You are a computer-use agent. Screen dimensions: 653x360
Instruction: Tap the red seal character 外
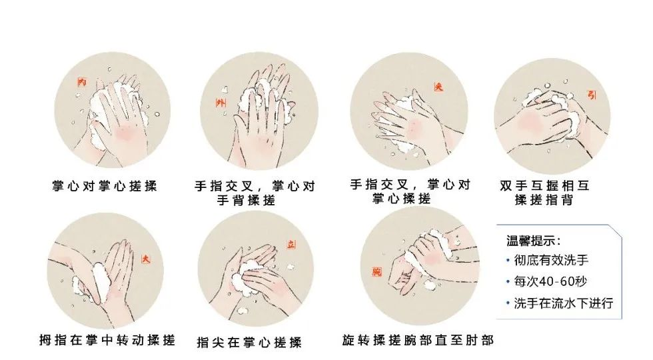coord(221,102)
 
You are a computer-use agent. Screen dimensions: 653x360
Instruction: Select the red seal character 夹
coord(438,86)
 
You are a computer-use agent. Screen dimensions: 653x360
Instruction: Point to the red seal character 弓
coord(592,95)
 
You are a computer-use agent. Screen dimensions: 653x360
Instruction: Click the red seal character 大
coord(146,259)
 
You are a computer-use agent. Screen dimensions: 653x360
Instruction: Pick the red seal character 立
coord(291,245)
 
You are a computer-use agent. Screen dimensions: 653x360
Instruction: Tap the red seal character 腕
coord(377,272)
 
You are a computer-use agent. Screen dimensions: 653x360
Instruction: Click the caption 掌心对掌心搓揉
coord(105,185)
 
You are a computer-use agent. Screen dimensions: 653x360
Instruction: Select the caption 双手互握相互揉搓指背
coord(544,192)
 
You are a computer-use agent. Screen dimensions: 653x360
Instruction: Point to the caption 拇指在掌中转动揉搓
coord(107,340)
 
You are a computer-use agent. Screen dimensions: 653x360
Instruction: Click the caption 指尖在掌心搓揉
coord(249,343)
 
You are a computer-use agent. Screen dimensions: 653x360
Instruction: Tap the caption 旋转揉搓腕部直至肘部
coord(418,340)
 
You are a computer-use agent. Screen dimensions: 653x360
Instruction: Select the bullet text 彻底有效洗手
coord(551,261)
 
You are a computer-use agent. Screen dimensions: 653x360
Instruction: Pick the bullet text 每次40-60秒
coord(550,281)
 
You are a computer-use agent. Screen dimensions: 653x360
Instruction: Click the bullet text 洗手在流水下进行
coord(564,303)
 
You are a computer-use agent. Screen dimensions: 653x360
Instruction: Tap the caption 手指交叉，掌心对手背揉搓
coord(255,193)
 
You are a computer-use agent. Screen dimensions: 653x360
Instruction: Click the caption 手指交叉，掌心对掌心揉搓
coord(410,191)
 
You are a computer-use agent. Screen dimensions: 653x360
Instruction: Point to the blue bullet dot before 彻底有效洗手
coord(508,261)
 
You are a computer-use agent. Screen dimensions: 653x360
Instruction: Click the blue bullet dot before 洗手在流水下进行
coord(508,303)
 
